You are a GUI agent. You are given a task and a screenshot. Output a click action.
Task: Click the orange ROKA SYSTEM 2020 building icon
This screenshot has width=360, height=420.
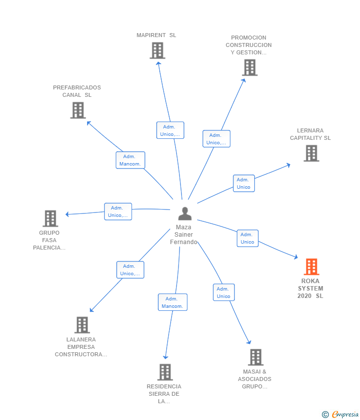coord(311,267)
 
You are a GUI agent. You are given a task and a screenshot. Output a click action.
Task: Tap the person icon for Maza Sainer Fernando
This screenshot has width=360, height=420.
coord(184,213)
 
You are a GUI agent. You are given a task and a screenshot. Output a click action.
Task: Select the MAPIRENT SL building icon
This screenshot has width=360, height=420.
coord(157,50)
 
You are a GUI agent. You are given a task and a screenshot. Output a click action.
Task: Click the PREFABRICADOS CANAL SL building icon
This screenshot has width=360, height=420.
coord(78,110)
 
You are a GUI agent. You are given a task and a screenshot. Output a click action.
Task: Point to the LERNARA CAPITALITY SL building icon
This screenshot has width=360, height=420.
coord(311,153)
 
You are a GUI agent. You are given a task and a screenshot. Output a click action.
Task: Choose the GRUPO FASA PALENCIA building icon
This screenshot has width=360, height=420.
coord(50,218)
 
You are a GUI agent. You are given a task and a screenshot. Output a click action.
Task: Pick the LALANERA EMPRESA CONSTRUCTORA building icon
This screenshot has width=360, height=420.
coord(82,325)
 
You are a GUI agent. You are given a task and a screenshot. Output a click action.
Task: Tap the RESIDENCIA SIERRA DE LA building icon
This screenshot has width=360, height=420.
coord(165,372)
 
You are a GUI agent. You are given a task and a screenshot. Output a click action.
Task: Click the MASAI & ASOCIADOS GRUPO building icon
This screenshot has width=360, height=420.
coord(255,357)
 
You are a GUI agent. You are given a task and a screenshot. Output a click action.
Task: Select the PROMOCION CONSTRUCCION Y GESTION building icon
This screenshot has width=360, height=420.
coord(250,68)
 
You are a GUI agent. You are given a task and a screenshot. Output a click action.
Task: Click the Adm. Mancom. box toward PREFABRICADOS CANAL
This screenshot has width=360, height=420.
coord(131,160)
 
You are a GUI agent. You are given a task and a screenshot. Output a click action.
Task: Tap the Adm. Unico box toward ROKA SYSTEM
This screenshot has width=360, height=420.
coord(247,238)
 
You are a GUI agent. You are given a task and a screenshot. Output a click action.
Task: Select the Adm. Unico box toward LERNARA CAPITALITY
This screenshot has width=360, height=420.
coord(244,183)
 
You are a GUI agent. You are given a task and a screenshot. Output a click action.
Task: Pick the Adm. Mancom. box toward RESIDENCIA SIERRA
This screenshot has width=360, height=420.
coord(173,302)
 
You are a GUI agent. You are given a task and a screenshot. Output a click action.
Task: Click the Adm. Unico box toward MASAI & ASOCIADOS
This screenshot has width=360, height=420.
coord(224,293)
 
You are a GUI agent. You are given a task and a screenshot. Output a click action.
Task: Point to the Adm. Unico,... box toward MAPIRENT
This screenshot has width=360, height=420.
coord(170,130)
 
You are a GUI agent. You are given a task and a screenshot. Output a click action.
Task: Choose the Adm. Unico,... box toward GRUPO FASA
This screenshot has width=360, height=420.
coord(118,211)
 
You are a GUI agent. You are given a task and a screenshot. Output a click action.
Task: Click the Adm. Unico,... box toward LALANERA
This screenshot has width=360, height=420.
coord(130,270)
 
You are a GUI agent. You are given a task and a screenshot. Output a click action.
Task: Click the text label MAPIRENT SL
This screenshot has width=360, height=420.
coord(156,35)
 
